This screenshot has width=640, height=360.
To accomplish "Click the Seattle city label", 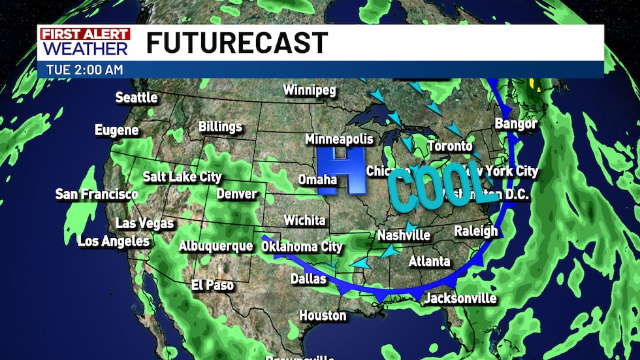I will click(136, 97).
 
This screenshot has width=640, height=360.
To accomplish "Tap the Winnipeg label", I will click(309, 90).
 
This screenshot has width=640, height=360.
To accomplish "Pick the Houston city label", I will click(323, 316).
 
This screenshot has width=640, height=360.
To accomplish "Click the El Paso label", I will click(212, 285).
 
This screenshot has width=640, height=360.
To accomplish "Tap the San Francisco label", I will click(97, 194).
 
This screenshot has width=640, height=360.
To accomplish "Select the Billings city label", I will click(220, 126).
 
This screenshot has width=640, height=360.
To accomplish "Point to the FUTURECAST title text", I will click(236, 43).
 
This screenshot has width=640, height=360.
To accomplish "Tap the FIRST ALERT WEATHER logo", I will click(84, 42).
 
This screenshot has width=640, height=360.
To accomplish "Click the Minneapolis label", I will click(339, 139).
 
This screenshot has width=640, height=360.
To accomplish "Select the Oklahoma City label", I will click(301, 247).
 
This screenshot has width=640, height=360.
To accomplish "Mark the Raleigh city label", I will click(475, 231).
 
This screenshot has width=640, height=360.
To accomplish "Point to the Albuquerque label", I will click(216, 246).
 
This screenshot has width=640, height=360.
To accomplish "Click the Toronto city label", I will click(449, 146).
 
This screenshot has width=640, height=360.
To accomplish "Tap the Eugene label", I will click(117, 130).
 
